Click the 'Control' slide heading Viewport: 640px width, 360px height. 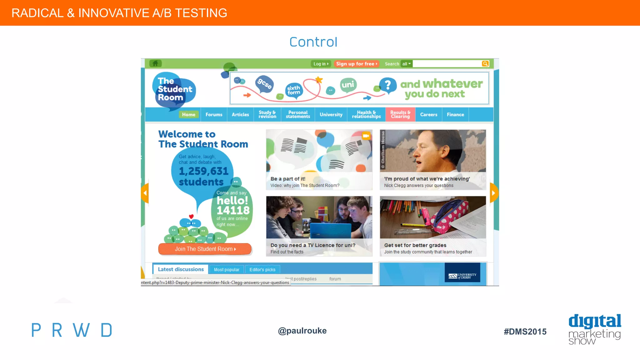[313, 42]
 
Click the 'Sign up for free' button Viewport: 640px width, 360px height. [357, 64]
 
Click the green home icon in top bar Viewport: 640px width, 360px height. [155, 63]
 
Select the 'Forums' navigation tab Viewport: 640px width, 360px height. [214, 115]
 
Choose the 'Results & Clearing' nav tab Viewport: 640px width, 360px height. [400, 114]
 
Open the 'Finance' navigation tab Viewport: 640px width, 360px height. [455, 115]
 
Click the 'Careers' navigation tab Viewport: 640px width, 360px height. [428, 115]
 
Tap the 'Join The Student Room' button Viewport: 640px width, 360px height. [205, 249]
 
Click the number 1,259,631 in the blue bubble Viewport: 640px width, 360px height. [204, 171]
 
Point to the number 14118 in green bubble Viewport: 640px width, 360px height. [233, 210]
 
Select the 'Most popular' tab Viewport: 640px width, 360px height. [227, 270]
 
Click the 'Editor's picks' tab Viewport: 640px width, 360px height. [262, 270]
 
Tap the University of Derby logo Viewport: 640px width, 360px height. [462, 276]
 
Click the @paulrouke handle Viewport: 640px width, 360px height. [302, 331]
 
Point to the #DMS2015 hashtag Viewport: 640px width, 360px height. [525, 332]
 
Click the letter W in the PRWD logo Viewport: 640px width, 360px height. [81, 330]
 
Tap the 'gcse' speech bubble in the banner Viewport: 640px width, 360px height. [264, 84]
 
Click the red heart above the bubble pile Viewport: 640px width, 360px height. [191, 216]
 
